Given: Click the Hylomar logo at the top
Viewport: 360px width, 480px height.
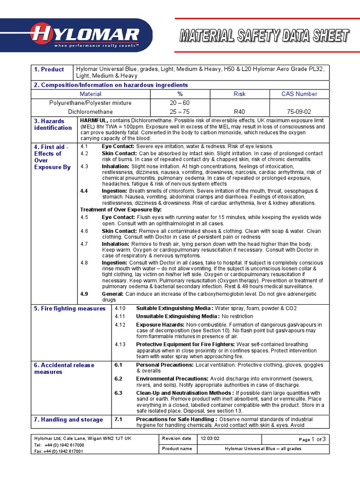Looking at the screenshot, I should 84,35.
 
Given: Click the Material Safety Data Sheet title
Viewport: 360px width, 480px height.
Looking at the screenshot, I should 264,36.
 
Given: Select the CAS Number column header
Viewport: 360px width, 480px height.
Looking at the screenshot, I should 299,94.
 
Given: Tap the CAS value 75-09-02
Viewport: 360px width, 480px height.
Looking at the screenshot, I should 299,112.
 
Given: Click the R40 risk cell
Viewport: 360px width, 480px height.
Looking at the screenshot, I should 240,112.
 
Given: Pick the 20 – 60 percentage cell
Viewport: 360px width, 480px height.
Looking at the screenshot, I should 180,103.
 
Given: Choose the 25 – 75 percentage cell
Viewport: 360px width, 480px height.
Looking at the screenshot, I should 180,112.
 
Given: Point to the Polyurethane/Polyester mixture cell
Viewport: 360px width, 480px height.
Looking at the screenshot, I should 90,103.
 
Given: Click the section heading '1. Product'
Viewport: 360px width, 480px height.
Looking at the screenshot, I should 49,69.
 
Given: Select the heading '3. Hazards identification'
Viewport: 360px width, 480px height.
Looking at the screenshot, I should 52,124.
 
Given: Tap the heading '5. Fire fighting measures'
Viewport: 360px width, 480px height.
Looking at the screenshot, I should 70,308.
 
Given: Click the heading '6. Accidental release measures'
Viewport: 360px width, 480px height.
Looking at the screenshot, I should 64,368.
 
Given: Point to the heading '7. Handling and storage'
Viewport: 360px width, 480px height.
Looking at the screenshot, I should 68,420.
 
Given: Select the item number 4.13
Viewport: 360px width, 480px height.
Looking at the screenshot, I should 120,345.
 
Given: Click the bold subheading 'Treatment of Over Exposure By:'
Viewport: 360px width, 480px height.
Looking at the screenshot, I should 121,210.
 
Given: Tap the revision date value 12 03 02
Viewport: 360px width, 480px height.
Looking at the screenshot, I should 210,438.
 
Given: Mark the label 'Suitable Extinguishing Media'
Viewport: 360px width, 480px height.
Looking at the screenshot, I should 174,308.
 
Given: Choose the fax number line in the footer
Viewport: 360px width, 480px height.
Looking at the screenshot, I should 59,451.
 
